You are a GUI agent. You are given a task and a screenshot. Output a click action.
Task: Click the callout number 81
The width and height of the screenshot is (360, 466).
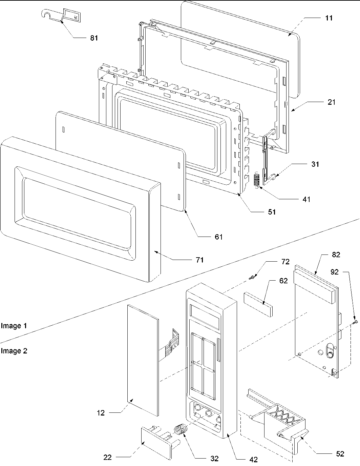point(94,38)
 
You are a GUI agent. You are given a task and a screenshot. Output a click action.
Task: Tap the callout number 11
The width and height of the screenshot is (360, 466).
point(329,18)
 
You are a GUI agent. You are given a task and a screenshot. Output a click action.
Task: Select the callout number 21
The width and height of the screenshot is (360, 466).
point(331,102)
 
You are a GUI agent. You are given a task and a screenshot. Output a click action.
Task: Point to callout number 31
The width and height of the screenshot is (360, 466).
point(315,164)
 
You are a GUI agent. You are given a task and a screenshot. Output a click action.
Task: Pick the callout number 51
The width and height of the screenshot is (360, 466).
point(272,212)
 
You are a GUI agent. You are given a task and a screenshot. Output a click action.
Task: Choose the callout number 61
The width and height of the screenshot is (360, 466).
point(219,237)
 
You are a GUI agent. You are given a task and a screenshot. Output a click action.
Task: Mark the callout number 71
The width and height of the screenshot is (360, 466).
point(199,260)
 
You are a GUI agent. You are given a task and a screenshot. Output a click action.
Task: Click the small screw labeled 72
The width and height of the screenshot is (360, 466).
point(251,278)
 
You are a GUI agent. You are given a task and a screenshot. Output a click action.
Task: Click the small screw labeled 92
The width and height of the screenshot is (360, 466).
point(356,322)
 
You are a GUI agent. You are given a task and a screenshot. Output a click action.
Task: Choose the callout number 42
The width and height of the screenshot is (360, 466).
point(253,460)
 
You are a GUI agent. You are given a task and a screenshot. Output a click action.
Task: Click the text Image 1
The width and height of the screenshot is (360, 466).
point(14,326)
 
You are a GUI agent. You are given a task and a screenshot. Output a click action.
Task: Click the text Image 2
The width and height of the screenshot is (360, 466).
point(14,351)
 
